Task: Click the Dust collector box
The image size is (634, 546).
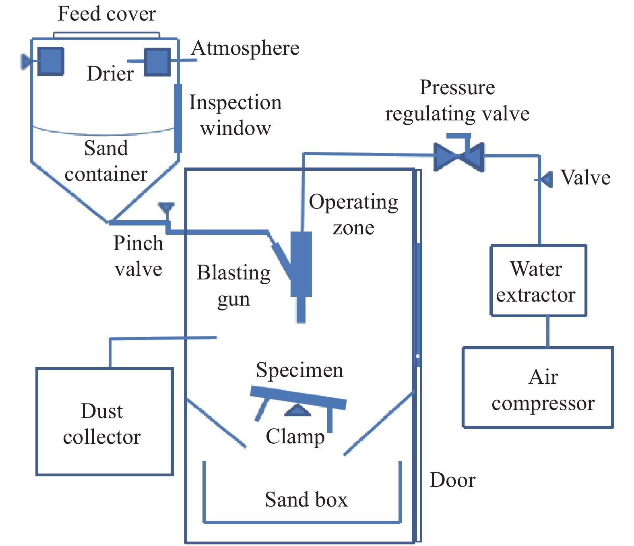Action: click(105, 422)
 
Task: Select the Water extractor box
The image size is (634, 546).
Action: click(538, 281)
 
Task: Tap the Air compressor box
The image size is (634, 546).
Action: click(538, 387)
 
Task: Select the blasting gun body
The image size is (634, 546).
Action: click(301, 264)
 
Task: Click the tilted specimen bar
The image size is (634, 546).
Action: click(298, 398)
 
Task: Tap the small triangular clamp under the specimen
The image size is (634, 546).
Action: click(297, 411)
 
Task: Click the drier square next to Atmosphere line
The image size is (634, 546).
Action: click(157, 62)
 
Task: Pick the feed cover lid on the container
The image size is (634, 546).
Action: click(107, 35)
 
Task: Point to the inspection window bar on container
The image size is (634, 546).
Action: click(178, 118)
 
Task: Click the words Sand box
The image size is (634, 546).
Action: click(306, 500)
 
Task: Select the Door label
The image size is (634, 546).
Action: click(452, 480)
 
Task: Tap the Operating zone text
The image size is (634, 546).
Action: click(353, 215)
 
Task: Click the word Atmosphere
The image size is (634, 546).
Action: click(245, 48)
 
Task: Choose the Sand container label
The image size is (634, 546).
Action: click(106, 161)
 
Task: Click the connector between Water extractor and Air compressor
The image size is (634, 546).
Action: click(547, 331)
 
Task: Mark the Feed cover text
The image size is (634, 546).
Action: click(107, 14)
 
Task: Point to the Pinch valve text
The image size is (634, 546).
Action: click(138, 256)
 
